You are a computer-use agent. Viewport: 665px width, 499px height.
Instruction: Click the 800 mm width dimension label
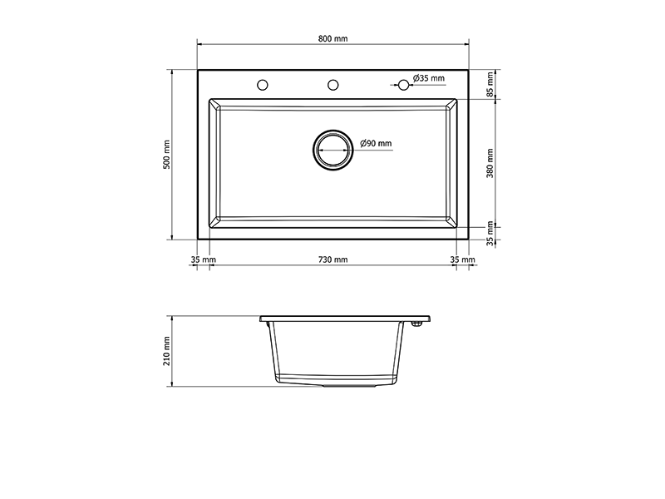tap(333, 38)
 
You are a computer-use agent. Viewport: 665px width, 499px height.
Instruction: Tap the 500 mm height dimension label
tap(167, 155)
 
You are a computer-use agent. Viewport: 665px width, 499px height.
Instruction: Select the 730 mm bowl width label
tap(333, 259)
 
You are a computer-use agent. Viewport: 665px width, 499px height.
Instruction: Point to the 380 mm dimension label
tap(490, 163)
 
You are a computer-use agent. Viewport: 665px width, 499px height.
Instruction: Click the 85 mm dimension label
tap(490, 85)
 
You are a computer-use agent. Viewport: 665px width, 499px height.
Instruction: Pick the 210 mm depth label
tap(167, 351)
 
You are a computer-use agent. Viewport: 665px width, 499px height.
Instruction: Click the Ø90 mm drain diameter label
tap(377, 143)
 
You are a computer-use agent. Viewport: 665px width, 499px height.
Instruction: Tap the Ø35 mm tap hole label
tap(429, 78)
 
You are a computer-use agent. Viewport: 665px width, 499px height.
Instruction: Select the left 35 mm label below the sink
tap(203, 259)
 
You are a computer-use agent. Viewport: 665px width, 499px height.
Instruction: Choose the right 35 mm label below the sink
tap(463, 259)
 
